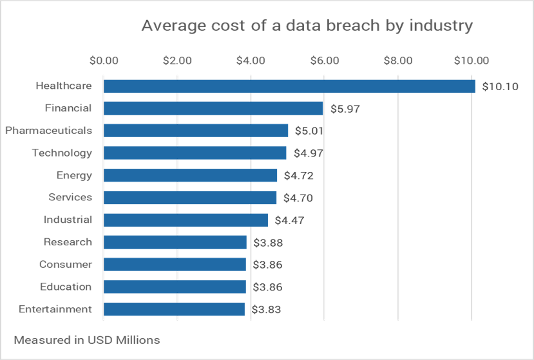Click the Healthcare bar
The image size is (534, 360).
[x=289, y=86]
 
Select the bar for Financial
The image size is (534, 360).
[x=213, y=108]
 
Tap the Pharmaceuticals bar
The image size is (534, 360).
[x=196, y=131]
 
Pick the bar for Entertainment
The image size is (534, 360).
[x=174, y=309]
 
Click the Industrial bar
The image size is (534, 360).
[x=186, y=220]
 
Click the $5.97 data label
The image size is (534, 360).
[x=345, y=109]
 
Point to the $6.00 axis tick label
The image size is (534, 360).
[x=324, y=61]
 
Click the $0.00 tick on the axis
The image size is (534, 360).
[x=104, y=61]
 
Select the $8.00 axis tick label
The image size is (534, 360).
[x=397, y=61]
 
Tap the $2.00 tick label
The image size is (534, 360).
[x=177, y=61]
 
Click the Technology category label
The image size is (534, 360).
[x=62, y=153]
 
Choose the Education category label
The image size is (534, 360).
[x=66, y=287]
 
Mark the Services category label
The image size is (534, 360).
[x=70, y=198]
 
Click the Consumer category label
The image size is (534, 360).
[x=66, y=265]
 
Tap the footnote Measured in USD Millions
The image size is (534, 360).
[x=87, y=340]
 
